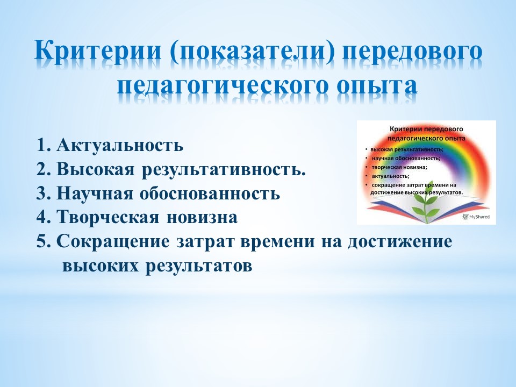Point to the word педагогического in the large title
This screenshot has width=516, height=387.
(224, 86)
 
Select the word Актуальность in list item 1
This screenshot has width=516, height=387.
(120, 145)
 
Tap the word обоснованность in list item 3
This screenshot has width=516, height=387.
(210, 193)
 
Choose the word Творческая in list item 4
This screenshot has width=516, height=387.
(108, 217)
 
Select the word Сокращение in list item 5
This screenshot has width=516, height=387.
(113, 242)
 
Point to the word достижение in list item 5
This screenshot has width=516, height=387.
(400, 242)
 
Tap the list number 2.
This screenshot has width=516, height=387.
(43, 169)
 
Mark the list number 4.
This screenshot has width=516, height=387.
(43, 217)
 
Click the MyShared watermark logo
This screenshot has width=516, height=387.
(476, 217)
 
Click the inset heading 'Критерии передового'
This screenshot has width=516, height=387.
(426, 129)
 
